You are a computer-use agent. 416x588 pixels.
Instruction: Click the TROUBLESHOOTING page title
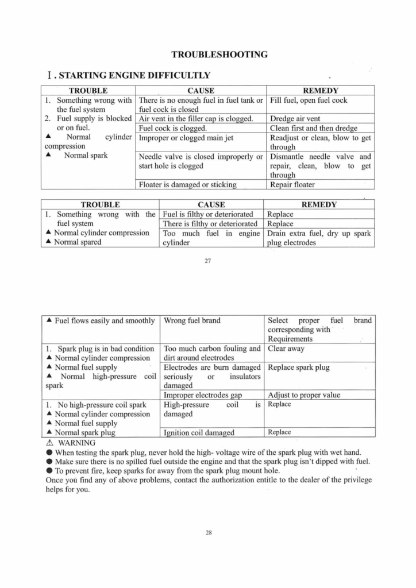pos(219,55)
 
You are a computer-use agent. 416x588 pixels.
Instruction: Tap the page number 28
pos(208,532)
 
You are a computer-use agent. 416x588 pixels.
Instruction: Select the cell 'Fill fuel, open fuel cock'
pos(308,100)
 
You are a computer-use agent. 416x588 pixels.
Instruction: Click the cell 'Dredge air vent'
pos(295,119)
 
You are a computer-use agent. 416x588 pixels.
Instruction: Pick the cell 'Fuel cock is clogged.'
pos(172,128)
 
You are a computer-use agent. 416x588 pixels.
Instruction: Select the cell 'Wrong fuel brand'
pos(192,320)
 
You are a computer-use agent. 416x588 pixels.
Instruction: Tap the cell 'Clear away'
pos(286,349)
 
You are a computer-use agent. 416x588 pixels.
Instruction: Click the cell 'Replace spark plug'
pos(299,367)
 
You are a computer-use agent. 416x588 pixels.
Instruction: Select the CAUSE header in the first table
pos(201,91)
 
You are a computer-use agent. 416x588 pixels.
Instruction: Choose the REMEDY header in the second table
pos(319,204)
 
